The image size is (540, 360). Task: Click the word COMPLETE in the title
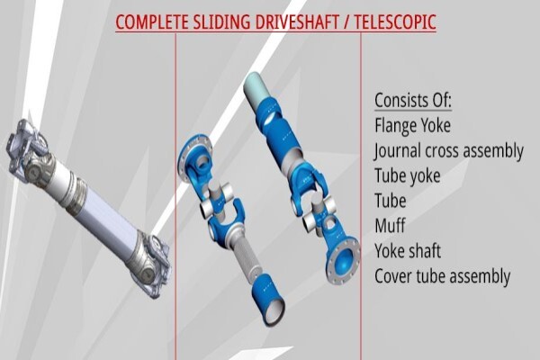152,22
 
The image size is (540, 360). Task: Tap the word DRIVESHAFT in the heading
297,22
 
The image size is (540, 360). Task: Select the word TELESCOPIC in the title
395,22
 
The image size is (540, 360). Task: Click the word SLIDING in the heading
221,22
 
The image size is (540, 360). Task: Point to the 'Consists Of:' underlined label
413,100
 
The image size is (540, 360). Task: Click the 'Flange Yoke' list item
412,125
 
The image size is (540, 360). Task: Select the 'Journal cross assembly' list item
449,151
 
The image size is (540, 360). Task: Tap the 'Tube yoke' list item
408,175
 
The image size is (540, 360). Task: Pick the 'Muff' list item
390,226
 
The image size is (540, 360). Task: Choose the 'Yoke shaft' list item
408,251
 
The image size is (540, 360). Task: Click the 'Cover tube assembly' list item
443,276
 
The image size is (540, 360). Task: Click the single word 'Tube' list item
391,201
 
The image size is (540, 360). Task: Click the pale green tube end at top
257,87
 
